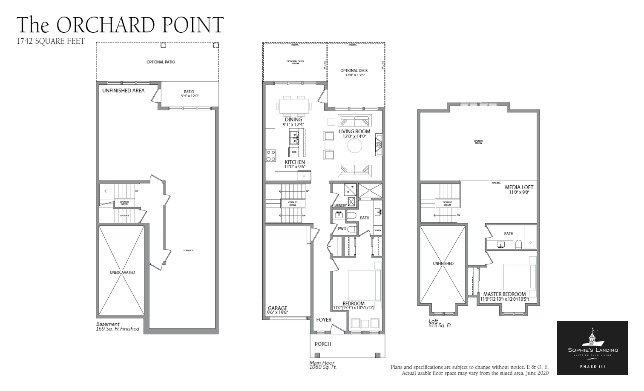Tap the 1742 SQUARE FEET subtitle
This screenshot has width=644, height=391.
pos(50,41)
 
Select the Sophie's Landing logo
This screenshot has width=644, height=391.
pos(592,348)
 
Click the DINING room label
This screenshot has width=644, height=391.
pos(293,120)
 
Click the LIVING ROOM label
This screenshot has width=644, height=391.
pos(354,132)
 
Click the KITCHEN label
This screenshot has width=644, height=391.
pos(295,162)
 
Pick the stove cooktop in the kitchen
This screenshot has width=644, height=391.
pos(270,155)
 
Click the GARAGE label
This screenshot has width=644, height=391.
pos(277,308)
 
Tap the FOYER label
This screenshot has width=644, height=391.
pos(324,320)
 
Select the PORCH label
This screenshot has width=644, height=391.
pos(323,344)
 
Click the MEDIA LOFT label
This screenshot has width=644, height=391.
pos(519,187)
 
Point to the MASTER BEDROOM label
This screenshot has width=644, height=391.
pos(504,294)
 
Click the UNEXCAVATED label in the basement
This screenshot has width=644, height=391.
pos(122,273)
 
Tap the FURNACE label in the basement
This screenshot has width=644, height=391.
pos(188,250)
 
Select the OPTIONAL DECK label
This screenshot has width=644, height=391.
pos(354,71)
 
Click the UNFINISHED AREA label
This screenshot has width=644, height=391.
pos(123,91)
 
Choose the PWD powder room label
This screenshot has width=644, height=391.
pos(342,229)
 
